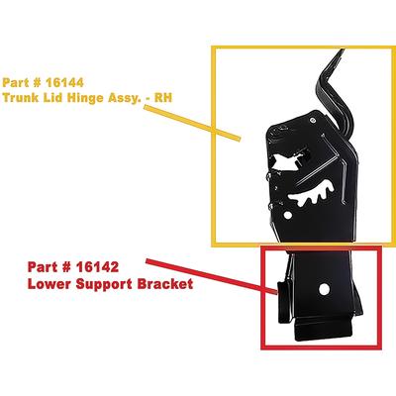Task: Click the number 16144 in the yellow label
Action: click(64, 82)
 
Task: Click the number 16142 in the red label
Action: click(97, 267)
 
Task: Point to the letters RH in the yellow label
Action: click(163, 98)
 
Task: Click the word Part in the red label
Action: click(41, 267)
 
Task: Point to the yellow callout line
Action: click(192, 124)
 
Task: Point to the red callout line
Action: click(211, 276)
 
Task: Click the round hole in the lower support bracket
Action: click(324, 289)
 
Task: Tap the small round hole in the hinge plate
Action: click(288, 215)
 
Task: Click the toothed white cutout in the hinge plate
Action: click(313, 195)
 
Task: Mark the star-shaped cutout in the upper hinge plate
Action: click(288, 160)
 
